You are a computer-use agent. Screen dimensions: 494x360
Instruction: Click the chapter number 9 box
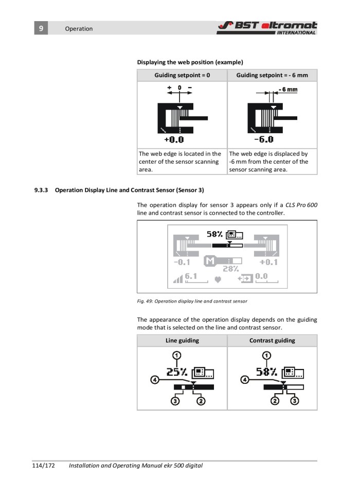(41, 28)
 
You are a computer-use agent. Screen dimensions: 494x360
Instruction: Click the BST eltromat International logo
(267, 27)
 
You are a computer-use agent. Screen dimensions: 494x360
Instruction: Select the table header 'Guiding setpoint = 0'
(182, 75)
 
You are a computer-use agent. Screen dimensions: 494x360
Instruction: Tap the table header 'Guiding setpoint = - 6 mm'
(272, 75)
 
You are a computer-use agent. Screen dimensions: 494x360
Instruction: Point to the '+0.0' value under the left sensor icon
(174, 139)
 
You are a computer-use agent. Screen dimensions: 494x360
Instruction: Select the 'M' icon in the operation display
(210, 261)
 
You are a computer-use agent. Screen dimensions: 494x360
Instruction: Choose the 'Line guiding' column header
(182, 340)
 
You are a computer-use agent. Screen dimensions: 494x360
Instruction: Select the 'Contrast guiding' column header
(272, 340)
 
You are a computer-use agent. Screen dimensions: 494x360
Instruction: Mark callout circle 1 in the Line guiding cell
(176, 355)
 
